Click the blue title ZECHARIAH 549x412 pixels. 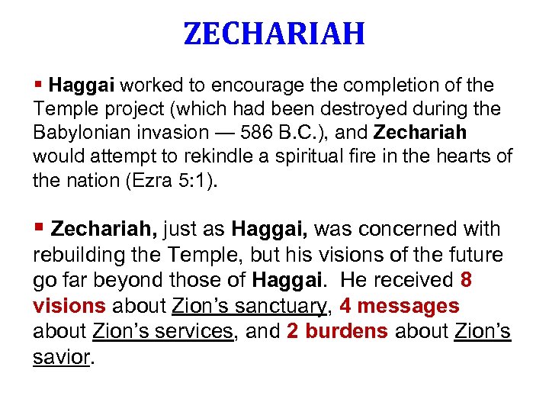click(x=274, y=34)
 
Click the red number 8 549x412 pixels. click(x=466, y=281)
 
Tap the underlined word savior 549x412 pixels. click(x=60, y=357)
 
